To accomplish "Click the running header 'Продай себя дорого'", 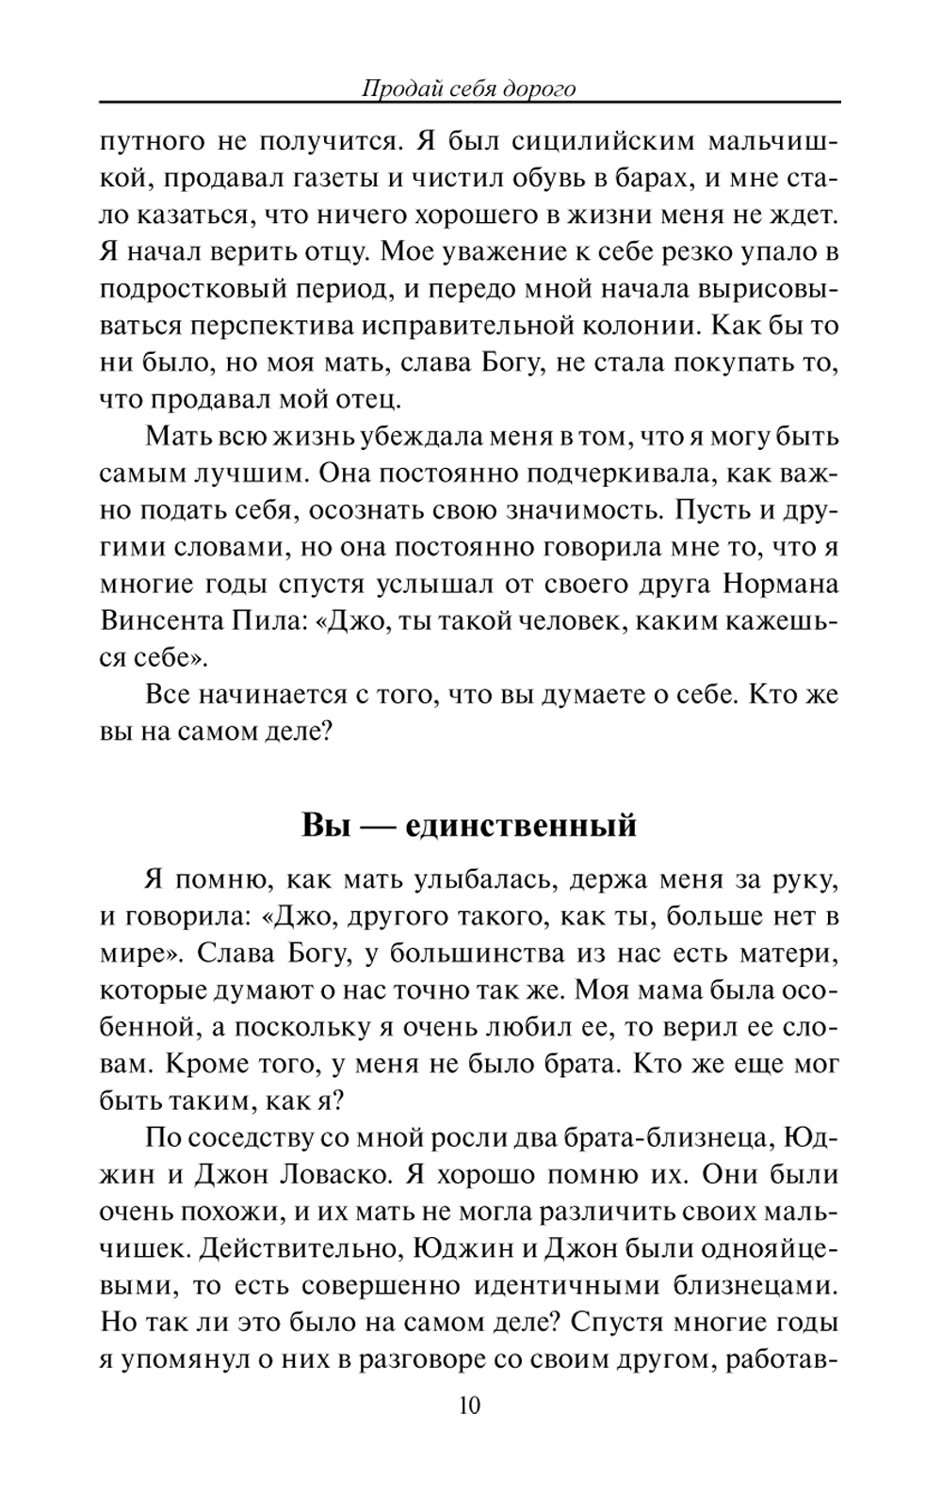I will pos(469,88).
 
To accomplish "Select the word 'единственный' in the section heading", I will pos(521,826).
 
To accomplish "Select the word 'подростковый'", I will pos(187,289).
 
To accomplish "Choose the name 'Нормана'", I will pos(780,584).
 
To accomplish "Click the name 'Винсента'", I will pos(160,621).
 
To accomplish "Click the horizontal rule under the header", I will pos(469,103).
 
